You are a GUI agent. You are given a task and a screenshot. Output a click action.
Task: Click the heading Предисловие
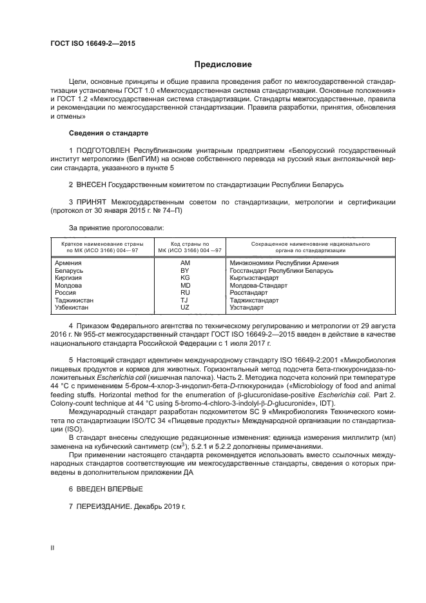pyautogui.click(x=224, y=64)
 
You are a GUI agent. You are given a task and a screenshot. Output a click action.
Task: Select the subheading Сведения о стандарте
pyautogui.click(x=108, y=133)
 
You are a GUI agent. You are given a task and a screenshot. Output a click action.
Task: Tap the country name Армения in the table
pyautogui.click(x=68, y=263)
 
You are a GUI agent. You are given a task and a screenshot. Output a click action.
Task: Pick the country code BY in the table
pyautogui.click(x=185, y=271)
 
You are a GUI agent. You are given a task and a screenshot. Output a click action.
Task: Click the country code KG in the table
pyautogui.click(x=185, y=278)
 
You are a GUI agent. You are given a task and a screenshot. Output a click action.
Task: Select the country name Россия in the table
pyautogui.click(x=66, y=292)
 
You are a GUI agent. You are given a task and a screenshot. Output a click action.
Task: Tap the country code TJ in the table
pyautogui.click(x=185, y=300)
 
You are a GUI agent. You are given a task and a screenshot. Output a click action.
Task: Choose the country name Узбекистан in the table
pyautogui.click(x=72, y=307)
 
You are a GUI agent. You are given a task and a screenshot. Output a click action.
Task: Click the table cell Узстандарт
pyautogui.click(x=248, y=307)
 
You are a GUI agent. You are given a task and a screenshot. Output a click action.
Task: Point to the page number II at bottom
pyautogui.click(x=53, y=548)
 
